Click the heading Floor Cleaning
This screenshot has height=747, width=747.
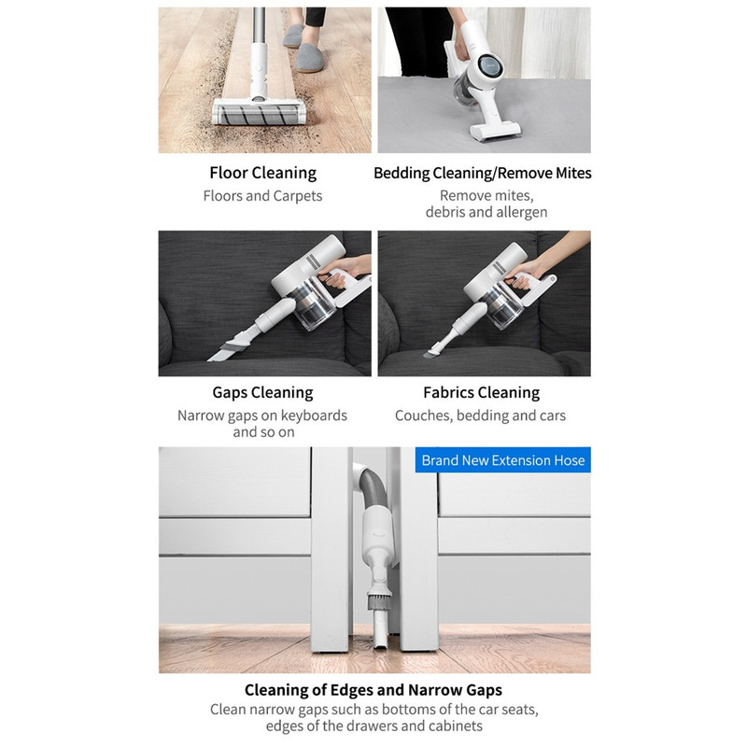(x=262, y=173)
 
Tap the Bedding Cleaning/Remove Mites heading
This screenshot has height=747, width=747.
(x=482, y=173)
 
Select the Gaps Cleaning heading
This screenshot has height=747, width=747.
(x=262, y=392)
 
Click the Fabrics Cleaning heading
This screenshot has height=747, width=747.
(x=481, y=392)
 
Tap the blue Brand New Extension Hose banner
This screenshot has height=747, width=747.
(x=502, y=459)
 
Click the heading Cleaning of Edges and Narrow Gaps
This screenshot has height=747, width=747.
(x=373, y=690)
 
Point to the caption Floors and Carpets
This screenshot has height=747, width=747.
(x=262, y=196)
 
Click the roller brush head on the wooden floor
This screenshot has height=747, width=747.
(x=260, y=112)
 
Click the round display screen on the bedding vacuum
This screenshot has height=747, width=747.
(x=490, y=66)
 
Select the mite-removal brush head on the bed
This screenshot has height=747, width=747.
(x=495, y=131)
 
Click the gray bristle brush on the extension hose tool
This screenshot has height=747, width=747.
(x=379, y=602)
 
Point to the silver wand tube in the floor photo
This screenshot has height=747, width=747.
(x=259, y=25)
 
